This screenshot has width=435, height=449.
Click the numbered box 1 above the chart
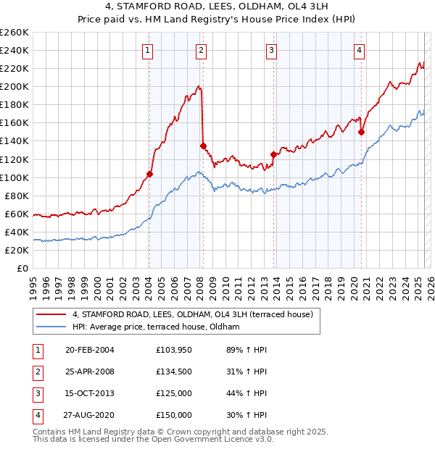148,50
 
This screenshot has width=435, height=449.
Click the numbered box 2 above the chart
201,50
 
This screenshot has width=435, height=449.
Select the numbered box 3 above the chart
271,50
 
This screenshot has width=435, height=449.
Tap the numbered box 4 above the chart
360,50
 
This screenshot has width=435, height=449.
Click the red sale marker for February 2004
149,174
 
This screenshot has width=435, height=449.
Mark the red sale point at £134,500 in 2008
203,146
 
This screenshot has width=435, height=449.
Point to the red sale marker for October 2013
273,154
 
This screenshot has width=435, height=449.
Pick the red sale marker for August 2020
361,132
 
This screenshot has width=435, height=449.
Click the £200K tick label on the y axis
14,86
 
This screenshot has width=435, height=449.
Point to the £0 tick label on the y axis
22,268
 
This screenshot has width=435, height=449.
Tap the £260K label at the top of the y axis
14,32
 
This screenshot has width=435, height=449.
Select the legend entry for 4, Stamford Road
192,314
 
